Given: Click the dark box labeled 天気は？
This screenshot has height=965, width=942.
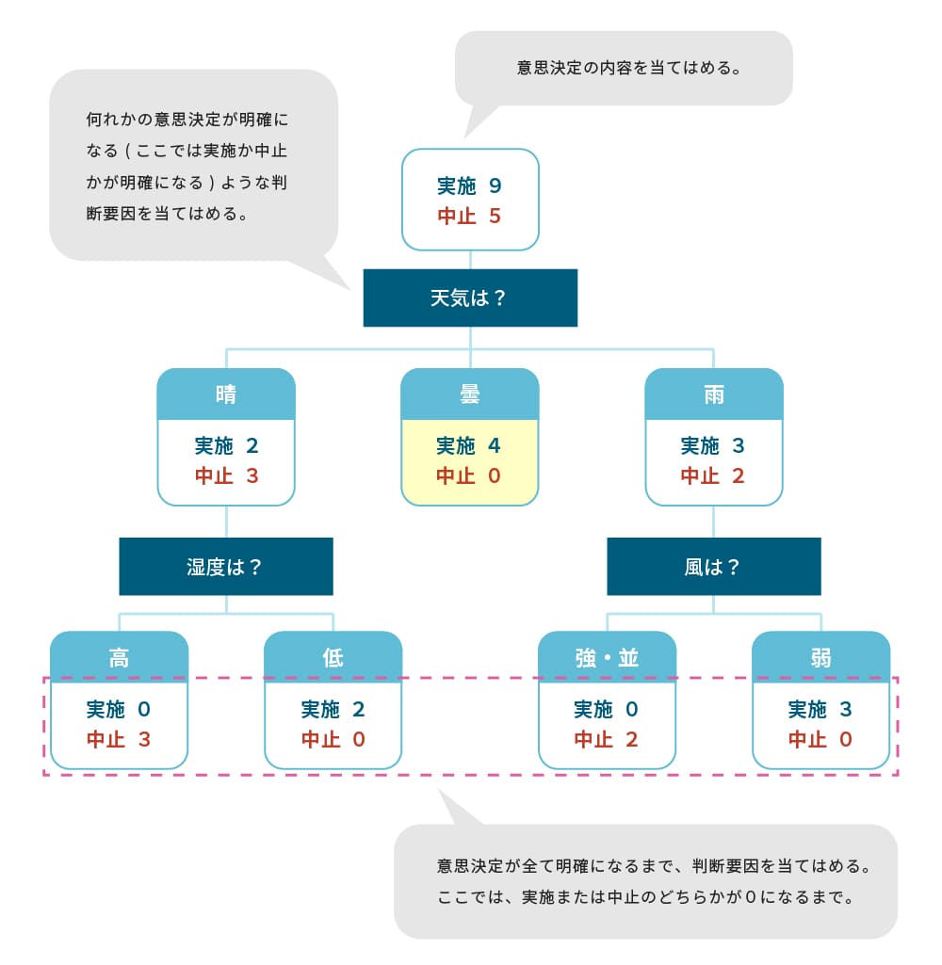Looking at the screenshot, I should [470, 298].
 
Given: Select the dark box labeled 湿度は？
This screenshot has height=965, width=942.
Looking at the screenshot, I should [226, 567].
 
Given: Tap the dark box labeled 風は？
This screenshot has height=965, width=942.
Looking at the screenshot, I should [713, 567].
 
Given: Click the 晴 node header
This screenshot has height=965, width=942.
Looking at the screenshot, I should [226, 394].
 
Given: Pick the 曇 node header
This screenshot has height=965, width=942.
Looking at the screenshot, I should [470, 394].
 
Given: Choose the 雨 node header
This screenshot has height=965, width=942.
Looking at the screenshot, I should [714, 394].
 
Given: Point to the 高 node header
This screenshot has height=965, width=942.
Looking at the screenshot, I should [119, 656].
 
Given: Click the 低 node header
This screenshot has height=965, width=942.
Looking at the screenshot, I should [333, 656].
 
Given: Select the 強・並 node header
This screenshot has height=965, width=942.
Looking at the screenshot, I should [607, 656].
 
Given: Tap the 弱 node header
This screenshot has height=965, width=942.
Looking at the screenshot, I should [820, 656].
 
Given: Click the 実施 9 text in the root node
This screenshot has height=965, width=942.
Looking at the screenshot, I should [469, 185].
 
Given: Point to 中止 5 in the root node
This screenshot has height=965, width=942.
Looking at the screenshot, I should [469, 216].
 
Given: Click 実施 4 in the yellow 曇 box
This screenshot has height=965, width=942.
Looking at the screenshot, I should [469, 445].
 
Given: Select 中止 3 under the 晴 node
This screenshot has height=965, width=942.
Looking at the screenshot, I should [226, 475].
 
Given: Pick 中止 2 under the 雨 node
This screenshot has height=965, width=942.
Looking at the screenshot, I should [713, 475].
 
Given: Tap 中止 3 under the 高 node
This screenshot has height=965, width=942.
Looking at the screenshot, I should [119, 739].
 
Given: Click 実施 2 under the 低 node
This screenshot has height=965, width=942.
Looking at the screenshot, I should [333, 709].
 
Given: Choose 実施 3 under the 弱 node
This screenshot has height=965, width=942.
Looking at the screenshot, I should [820, 709].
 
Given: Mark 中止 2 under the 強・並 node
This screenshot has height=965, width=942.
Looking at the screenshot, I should [607, 739].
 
